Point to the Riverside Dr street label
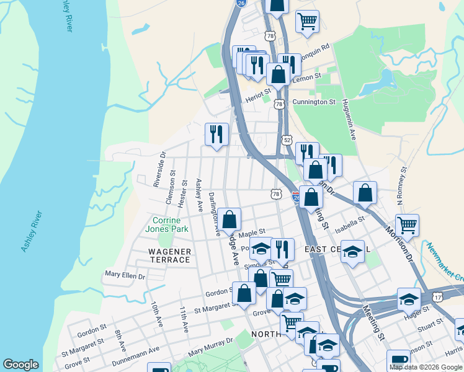pyautogui.click(x=159, y=169)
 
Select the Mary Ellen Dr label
pyautogui.click(x=125, y=274)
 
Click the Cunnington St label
pyautogui.click(x=314, y=102)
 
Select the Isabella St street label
pyautogui.click(x=351, y=221)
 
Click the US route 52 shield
pyautogui.click(x=287, y=140)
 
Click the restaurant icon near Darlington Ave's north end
pyautogui.click(x=216, y=135)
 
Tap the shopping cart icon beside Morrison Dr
pyautogui.click(x=407, y=226)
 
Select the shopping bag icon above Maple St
pyautogui.click(x=229, y=219)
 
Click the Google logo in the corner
pyautogui.click(x=20, y=365)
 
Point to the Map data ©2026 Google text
pyautogui.click(x=426, y=367)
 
